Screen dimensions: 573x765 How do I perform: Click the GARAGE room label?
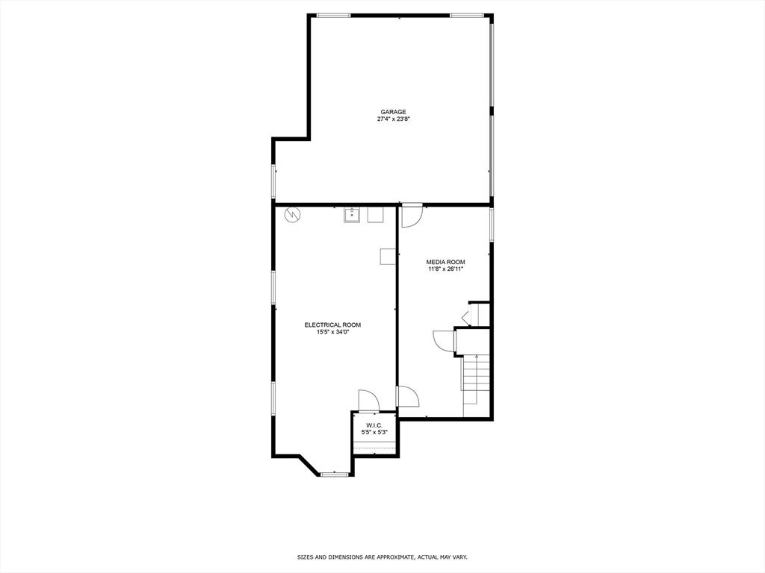pyautogui.click(x=393, y=112)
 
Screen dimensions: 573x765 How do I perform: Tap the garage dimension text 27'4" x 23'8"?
pyautogui.click(x=393, y=119)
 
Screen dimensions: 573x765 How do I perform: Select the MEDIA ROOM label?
pyautogui.click(x=445, y=262)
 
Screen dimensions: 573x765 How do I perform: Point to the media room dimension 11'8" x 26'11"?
pyautogui.click(x=445, y=269)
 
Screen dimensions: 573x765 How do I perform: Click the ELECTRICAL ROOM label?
pyautogui.click(x=332, y=325)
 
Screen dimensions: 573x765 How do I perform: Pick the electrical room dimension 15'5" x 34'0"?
pyautogui.click(x=332, y=332)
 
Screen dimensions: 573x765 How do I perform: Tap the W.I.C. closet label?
pyautogui.click(x=374, y=425)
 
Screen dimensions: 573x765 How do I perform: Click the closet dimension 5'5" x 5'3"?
pyautogui.click(x=374, y=432)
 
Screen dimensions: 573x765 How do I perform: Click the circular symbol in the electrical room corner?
pyautogui.click(x=292, y=215)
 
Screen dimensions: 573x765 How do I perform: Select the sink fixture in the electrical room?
pyautogui.click(x=353, y=215)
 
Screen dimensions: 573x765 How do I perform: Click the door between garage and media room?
pyautogui.click(x=412, y=215)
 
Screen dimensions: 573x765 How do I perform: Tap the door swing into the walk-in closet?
pyautogui.click(x=368, y=401)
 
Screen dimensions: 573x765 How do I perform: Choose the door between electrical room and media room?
pyautogui.click(x=407, y=396)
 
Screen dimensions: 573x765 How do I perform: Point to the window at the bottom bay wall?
pyautogui.click(x=335, y=474)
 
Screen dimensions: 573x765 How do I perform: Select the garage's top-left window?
pyautogui.click(x=334, y=15)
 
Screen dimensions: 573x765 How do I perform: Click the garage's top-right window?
pyautogui.click(x=466, y=15)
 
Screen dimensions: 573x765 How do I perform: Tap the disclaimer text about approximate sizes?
pyautogui.click(x=382, y=557)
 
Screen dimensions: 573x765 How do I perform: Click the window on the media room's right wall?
pyautogui.click(x=492, y=224)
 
